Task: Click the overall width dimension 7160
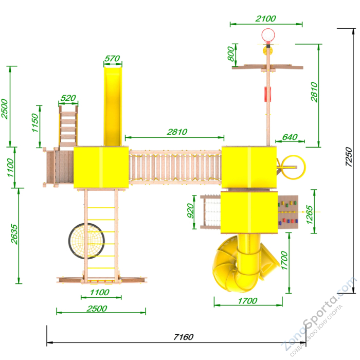(x=183, y=337)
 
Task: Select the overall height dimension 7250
(x=349, y=156)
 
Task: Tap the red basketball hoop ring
(x=268, y=35)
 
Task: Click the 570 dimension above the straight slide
(x=112, y=59)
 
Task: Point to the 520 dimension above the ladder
(x=68, y=98)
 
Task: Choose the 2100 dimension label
(x=266, y=19)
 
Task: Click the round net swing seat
(x=86, y=241)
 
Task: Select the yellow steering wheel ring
(x=294, y=167)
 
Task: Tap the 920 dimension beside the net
(x=191, y=210)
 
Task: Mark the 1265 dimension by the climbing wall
(x=310, y=214)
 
